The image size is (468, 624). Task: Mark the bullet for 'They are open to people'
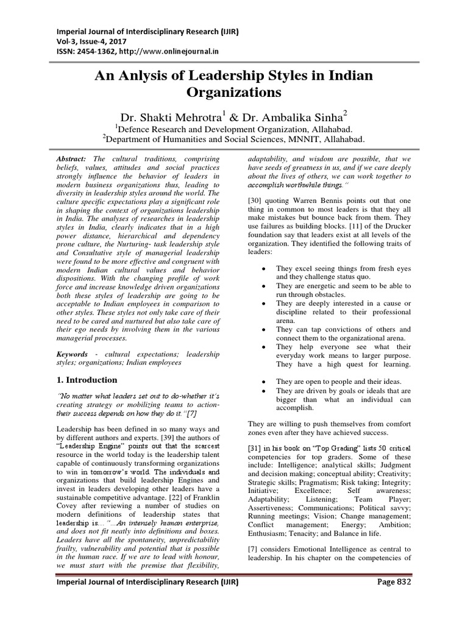tap(261, 381)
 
